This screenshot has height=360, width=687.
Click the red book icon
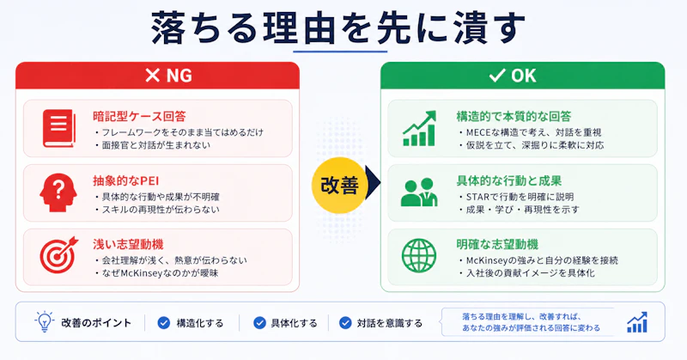[x=59, y=128]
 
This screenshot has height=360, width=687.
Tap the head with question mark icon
[x=58, y=192]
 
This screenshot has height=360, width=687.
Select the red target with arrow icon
[x=58, y=255]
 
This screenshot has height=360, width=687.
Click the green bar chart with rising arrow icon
[x=419, y=128]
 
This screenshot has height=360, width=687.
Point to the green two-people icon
[x=419, y=192]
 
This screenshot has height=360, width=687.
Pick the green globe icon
[x=419, y=256]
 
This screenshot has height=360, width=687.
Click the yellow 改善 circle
[x=339, y=185]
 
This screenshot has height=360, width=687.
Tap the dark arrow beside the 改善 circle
[x=373, y=183]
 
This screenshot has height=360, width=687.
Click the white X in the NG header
[x=153, y=76]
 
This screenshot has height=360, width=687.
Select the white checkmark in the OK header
[x=497, y=76]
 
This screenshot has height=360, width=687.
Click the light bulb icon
[x=45, y=322]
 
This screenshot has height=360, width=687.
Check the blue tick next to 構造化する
[x=164, y=323]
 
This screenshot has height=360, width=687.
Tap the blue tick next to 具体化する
[x=259, y=323]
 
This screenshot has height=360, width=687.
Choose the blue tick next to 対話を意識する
[x=345, y=323]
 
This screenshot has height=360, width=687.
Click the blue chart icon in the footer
[x=637, y=322]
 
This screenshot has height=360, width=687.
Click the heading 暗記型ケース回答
[x=139, y=116]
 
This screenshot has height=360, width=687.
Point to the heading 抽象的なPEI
[x=125, y=180]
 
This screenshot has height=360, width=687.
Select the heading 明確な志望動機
[x=497, y=244]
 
